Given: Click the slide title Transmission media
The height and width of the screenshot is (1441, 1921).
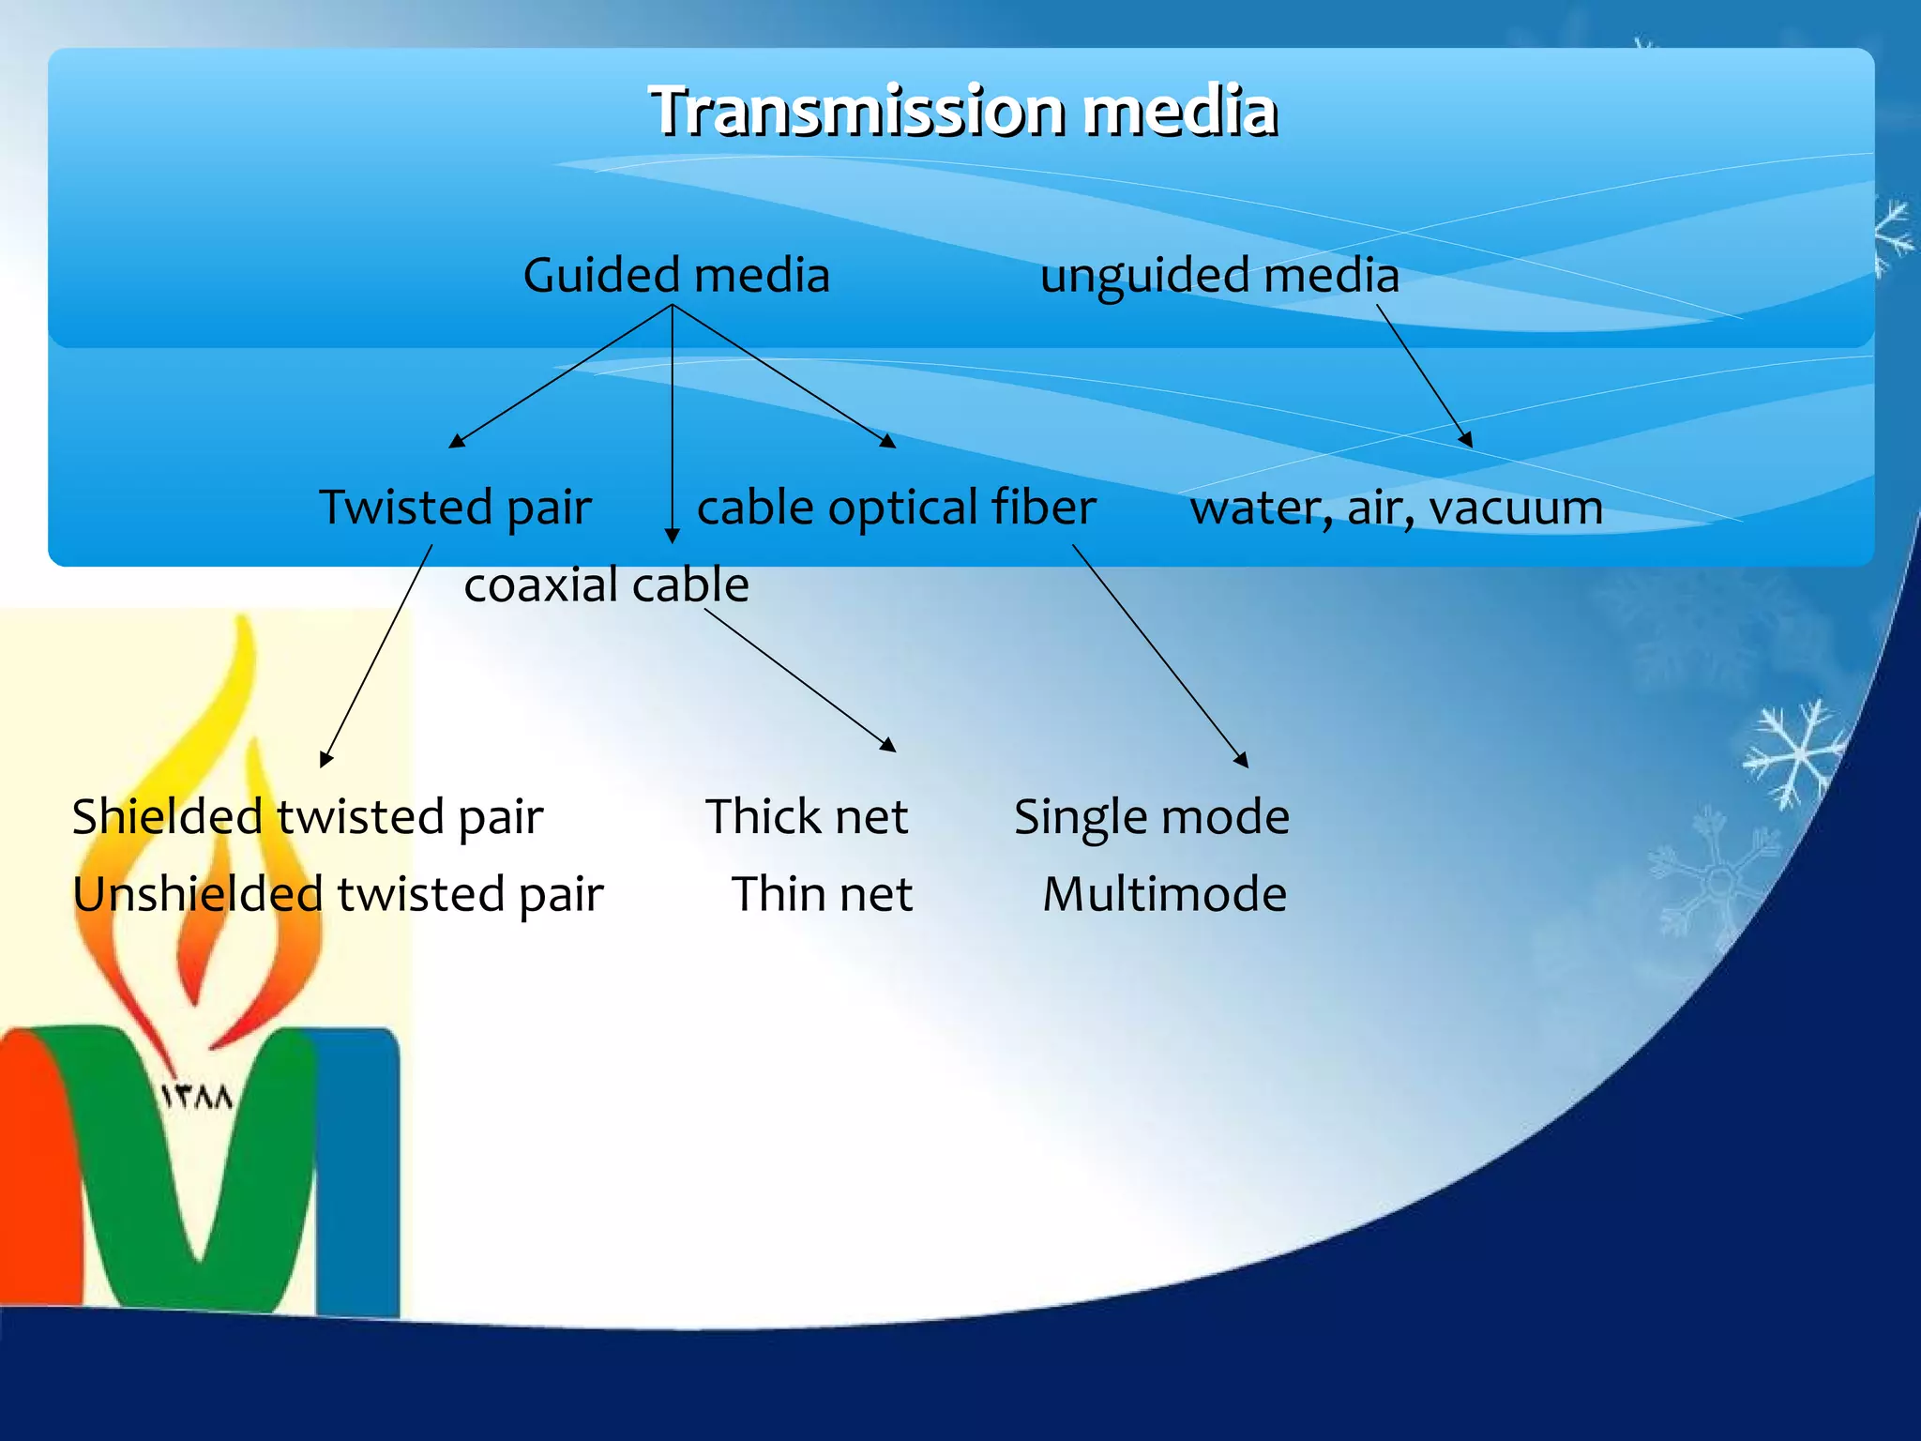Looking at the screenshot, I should [963, 111].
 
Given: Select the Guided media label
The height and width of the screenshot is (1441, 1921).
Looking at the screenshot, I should [676, 276].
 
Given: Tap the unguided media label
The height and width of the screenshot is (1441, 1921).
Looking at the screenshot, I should [1219, 276].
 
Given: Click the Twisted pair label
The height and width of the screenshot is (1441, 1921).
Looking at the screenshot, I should [455, 508].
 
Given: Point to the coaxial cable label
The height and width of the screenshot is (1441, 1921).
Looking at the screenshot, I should [606, 585].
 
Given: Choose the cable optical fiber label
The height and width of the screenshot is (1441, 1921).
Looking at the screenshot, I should [896, 508].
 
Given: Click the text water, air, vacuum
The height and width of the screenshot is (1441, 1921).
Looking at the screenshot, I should [1397, 508].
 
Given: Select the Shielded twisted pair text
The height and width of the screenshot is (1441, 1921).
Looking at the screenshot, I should [308, 816].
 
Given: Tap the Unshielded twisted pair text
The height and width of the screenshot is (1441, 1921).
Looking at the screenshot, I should [338, 893].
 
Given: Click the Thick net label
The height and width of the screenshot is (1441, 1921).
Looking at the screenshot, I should [807, 816].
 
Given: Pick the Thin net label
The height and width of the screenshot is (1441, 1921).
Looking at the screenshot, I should [822, 893].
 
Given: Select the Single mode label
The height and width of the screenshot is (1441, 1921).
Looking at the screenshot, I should [1152, 816].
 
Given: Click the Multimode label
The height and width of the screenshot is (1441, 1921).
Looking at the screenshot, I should [1164, 893].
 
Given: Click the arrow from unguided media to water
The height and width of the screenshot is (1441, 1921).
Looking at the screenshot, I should [1424, 375].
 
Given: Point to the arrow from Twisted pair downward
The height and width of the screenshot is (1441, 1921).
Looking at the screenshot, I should [376, 656].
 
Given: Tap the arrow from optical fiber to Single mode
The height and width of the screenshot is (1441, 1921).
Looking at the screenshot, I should [1160, 656].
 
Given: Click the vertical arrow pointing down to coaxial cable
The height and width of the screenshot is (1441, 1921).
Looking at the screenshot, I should [673, 422].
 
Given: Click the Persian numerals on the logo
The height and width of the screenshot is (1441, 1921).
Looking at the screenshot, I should [197, 1096].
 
